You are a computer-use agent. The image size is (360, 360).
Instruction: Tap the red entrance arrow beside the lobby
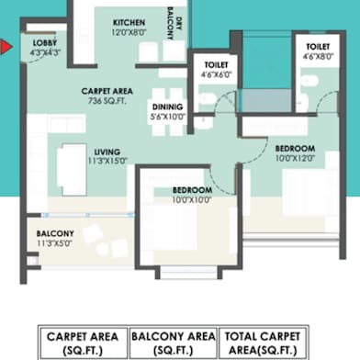tap(6, 45)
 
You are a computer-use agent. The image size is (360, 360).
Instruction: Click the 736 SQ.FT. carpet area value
tap(107, 103)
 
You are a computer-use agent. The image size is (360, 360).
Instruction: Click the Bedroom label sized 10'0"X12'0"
tap(295, 148)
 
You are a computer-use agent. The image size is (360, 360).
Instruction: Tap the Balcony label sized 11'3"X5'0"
tap(55, 234)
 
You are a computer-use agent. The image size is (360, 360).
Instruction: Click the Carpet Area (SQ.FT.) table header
tap(82, 343)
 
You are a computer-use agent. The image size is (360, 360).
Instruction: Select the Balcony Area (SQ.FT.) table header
tap(174, 343)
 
